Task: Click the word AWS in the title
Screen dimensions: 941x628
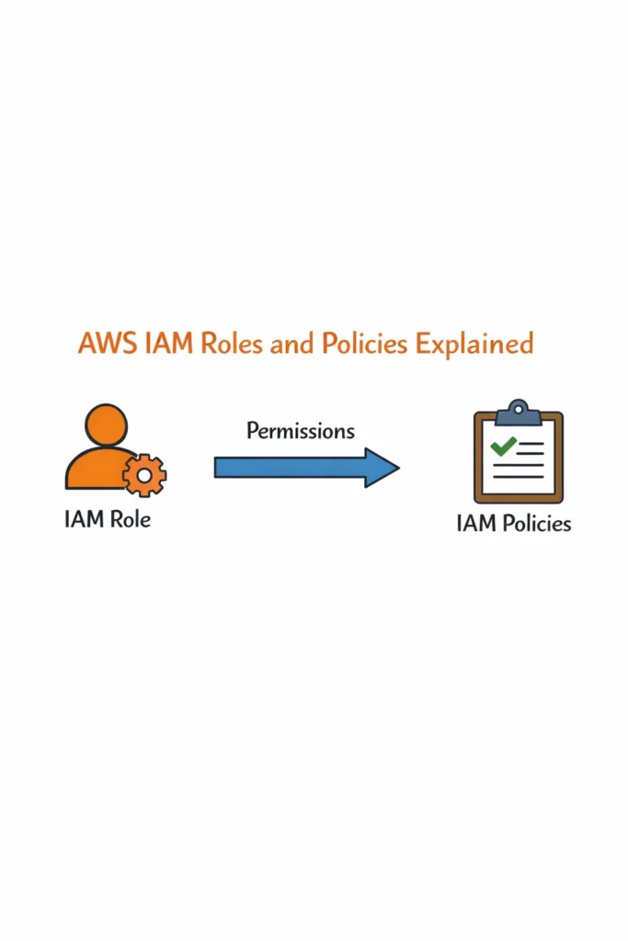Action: [103, 344]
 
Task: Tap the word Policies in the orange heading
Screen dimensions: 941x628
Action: [362, 344]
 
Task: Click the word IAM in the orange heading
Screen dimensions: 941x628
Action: [157, 344]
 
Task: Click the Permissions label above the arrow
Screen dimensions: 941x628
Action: [301, 430]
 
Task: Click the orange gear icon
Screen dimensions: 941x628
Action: [144, 475]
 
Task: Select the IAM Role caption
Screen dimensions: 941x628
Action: [108, 519]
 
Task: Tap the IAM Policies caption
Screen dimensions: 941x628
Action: [513, 524]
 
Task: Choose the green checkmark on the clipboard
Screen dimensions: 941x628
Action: [503, 448]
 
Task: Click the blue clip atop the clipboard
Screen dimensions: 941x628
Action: [518, 412]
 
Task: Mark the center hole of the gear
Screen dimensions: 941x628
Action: [144, 475]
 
